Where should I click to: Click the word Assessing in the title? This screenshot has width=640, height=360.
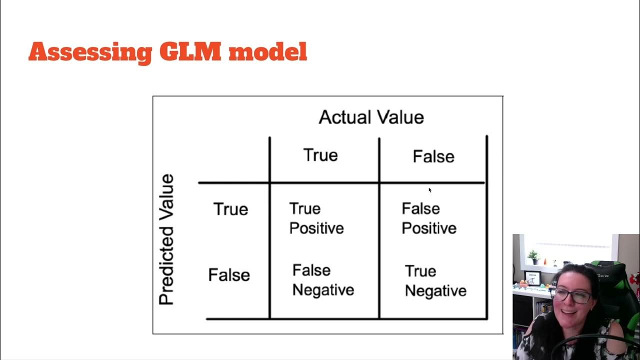pyautogui.click(x=90, y=53)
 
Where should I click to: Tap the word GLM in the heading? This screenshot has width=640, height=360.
pyautogui.click(x=190, y=51)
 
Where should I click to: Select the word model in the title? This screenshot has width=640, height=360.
pyautogui.click(x=268, y=51)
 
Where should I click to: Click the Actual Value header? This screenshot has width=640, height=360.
pyautogui.click(x=371, y=117)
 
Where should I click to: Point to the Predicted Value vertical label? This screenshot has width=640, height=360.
pyautogui.click(x=166, y=239)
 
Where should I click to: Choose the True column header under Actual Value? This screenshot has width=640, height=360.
pyautogui.click(x=320, y=155)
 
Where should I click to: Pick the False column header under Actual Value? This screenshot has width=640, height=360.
pyautogui.click(x=433, y=156)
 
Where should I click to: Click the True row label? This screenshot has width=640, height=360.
pyautogui.click(x=230, y=209)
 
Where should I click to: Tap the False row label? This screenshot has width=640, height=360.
pyautogui.click(x=229, y=275)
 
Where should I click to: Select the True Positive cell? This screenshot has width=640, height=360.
pyautogui.click(x=316, y=218)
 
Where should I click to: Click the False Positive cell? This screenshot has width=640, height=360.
pyautogui.click(x=429, y=218)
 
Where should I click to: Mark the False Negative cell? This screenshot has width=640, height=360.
pyautogui.click(x=323, y=280)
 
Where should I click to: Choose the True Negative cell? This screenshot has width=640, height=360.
pyautogui.click(x=435, y=281)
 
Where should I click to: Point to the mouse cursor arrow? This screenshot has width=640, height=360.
pyautogui.click(x=430, y=190)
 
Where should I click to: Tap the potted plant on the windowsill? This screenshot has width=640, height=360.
pyautogui.click(x=533, y=257)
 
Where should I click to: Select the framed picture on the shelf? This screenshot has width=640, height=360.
pyautogui.click(x=532, y=278)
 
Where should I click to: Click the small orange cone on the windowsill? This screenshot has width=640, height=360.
pyautogui.click(x=545, y=261)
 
